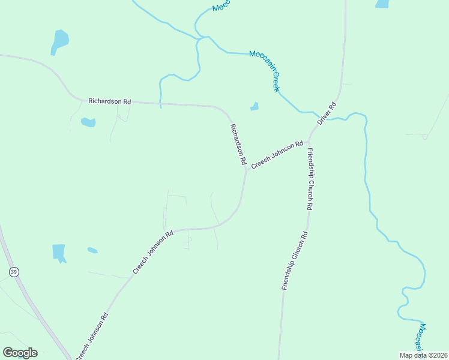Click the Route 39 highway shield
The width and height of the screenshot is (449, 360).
14,272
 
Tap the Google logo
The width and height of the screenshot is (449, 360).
20,353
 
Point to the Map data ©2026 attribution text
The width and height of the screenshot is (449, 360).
423,355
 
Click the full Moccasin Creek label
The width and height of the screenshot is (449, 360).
265,71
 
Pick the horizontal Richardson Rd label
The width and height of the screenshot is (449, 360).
109,101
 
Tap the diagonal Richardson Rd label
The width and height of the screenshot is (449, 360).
238,145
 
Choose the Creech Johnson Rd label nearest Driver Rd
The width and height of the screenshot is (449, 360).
277,155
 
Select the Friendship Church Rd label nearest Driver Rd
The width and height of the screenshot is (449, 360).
310,178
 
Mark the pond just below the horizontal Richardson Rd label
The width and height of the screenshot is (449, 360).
88,122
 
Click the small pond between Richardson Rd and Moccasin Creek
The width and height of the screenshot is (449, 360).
255,107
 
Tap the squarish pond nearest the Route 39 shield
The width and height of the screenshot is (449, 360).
59,253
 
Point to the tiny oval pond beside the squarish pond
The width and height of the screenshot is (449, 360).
92,250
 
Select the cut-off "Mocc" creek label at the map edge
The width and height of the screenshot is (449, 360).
221,6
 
